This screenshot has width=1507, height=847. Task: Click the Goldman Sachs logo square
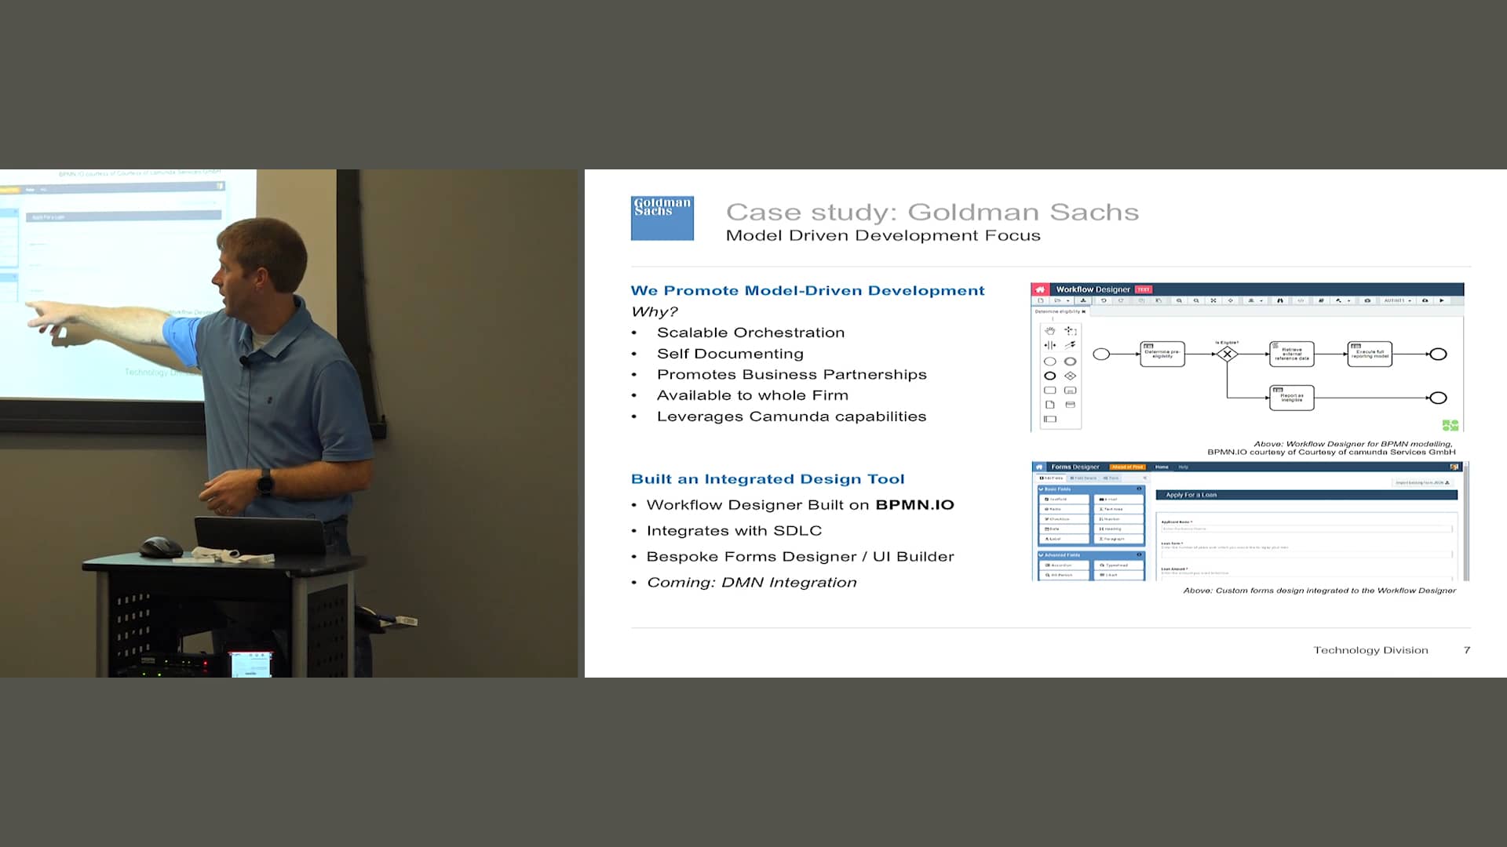click(662, 218)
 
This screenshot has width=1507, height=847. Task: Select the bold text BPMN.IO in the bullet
click(914, 505)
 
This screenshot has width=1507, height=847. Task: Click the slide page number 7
click(1466, 650)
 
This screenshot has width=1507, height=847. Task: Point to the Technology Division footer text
click(1370, 650)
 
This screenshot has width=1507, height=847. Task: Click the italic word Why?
click(654, 312)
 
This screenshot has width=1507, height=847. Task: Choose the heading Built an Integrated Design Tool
click(767, 479)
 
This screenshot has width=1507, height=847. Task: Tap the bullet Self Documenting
click(730, 354)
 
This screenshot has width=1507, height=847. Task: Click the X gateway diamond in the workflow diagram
click(1227, 354)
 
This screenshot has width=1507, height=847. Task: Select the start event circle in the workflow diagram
click(1101, 354)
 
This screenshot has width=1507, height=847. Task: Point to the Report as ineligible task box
click(1291, 398)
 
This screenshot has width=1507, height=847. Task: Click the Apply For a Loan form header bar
click(1306, 495)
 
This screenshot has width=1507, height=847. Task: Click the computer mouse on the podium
click(162, 546)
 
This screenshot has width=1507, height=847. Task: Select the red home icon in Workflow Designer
click(1040, 289)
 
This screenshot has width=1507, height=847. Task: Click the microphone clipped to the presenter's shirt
click(244, 362)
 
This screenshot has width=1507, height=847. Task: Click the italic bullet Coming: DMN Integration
click(751, 583)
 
